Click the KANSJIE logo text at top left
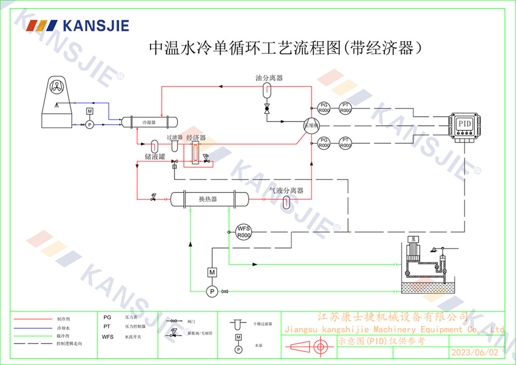(95, 25)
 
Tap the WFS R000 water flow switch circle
(244, 232)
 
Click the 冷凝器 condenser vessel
(149, 122)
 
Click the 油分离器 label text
(269, 78)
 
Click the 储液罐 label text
(154, 156)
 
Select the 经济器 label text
(196, 138)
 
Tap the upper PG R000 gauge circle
(324, 108)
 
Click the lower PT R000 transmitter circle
(345, 143)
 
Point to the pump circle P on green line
(212, 292)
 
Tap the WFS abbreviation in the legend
(108, 337)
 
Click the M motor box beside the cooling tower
(89, 112)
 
